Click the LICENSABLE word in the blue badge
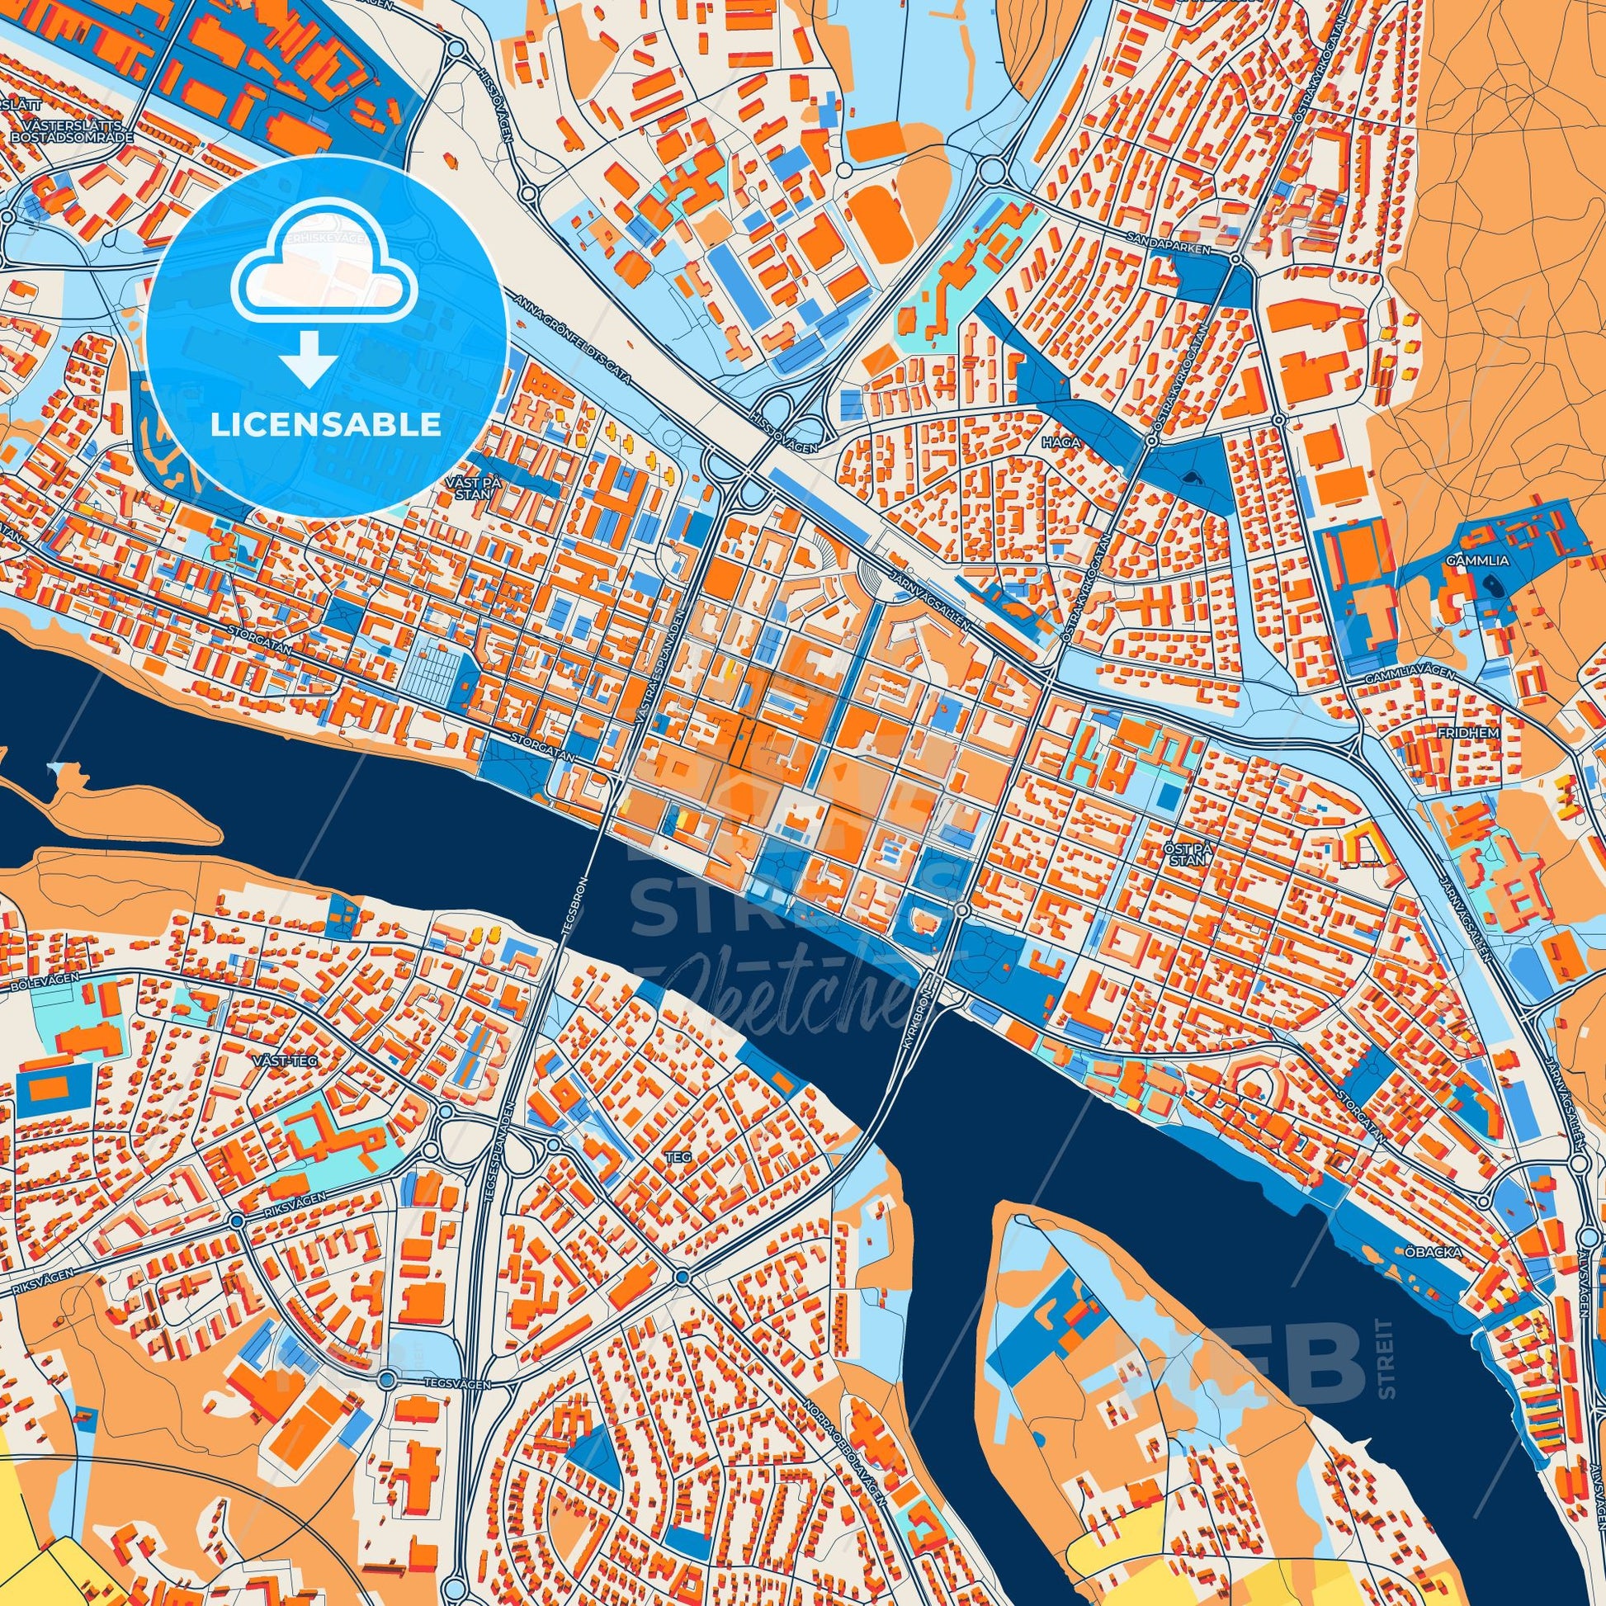(326, 425)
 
